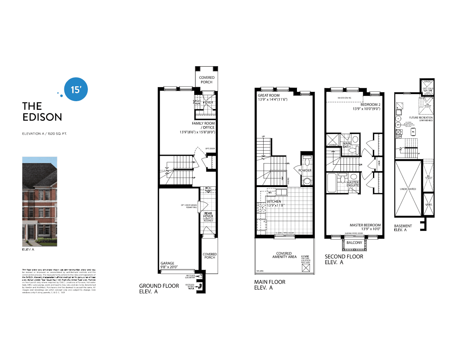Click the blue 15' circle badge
click(x=75, y=89)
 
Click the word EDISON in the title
click(x=42, y=117)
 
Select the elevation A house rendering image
click(x=39, y=202)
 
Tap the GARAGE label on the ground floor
click(x=167, y=264)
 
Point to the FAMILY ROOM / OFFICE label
click(x=203, y=125)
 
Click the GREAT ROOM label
click(x=269, y=95)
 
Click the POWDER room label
click(x=305, y=171)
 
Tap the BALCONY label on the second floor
click(x=354, y=243)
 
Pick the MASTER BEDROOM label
click(x=365, y=225)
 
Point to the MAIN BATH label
click(x=347, y=145)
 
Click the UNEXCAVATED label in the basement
click(x=408, y=189)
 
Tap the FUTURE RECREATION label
click(x=421, y=118)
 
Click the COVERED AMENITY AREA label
click(x=284, y=255)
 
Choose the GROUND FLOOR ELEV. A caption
click(x=159, y=289)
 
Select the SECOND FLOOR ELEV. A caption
click(x=344, y=260)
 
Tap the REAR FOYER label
click(x=208, y=216)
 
